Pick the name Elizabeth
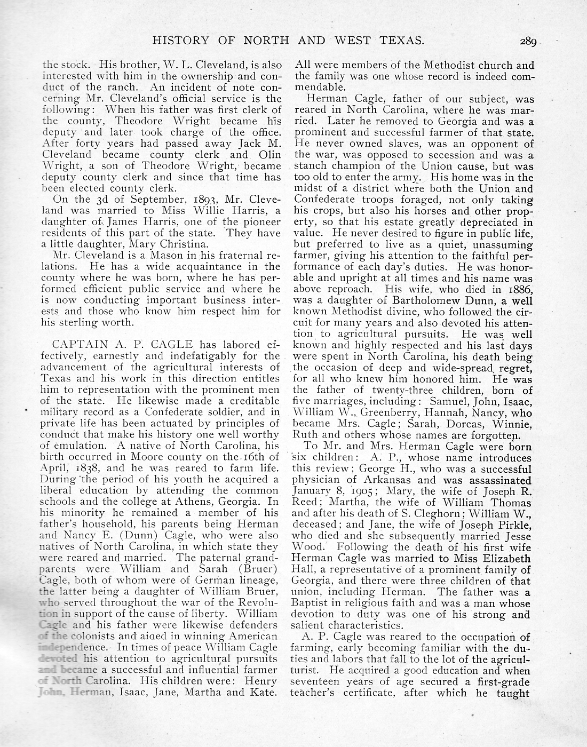tap(505, 559)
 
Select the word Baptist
tap(313, 603)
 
